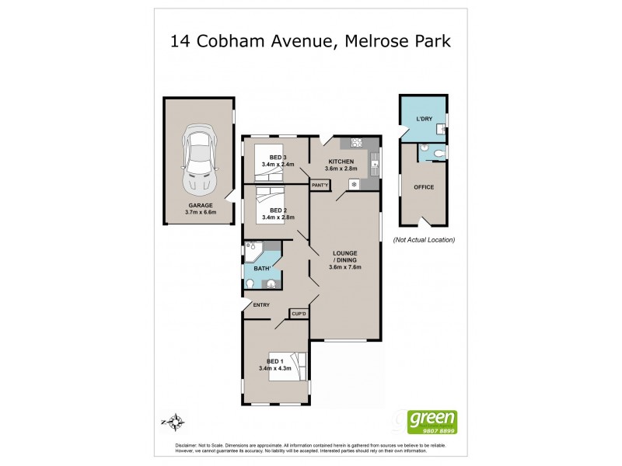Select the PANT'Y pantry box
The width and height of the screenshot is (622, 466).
320,185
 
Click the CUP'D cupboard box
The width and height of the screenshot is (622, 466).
299,313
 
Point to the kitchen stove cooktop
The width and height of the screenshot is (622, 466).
358,142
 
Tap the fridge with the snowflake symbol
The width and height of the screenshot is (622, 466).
355,184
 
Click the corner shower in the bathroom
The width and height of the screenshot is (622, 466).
253,251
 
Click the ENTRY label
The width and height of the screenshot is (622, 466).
261,304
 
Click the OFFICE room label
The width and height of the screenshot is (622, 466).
424,187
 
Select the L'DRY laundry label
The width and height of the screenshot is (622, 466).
424,118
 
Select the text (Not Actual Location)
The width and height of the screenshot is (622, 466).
424,239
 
